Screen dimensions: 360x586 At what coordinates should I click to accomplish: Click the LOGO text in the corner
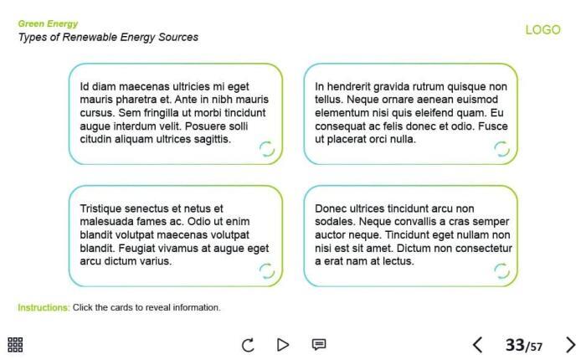tap(542, 30)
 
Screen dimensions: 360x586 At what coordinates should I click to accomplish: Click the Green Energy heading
tap(48, 23)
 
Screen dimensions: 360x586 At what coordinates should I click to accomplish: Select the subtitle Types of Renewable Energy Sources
tap(108, 38)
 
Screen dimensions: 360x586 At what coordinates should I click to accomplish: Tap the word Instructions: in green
tap(44, 308)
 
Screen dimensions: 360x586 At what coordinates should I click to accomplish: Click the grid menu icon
tap(15, 345)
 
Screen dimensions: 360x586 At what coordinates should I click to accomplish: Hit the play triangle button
tap(283, 345)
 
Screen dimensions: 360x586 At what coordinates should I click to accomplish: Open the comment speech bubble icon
tap(319, 345)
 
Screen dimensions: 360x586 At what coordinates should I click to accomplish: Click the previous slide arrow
tap(477, 345)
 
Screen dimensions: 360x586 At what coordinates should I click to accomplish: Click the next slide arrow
tap(571, 345)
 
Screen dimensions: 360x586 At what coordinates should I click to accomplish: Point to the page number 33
tap(514, 345)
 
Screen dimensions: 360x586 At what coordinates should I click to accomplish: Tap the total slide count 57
tap(537, 347)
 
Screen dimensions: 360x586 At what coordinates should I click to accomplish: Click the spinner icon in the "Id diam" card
tap(266, 149)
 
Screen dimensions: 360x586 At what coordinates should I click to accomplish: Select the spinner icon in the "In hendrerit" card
tap(501, 149)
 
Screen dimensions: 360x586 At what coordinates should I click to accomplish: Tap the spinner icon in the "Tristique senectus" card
tap(266, 270)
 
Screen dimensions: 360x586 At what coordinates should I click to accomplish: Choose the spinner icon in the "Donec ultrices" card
tap(501, 270)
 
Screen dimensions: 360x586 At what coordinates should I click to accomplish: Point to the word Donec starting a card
tap(330, 208)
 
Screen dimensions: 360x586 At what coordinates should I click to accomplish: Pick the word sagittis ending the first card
tap(212, 139)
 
